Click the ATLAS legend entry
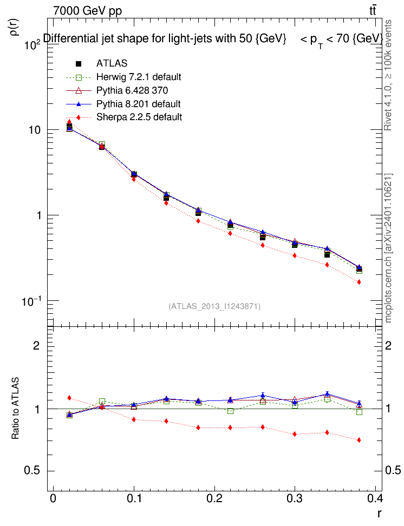point(112,63)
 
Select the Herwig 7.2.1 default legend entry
point(139,76)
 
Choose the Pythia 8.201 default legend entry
point(138,103)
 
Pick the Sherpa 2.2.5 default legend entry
point(139,117)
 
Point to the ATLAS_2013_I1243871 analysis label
point(215,306)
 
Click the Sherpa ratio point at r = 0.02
point(69,398)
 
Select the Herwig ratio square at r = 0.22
point(230,411)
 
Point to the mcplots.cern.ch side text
point(388,249)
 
